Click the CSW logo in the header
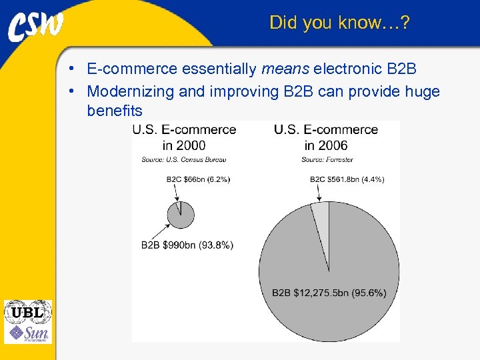37,26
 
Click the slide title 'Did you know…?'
339,23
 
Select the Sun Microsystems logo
29,333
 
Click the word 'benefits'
115,111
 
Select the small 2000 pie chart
181,215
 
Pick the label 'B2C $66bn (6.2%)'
198,179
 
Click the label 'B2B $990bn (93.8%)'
187,245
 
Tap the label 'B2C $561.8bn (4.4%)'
347,179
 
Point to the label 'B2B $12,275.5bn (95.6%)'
329,293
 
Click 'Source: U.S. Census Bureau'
183,159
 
